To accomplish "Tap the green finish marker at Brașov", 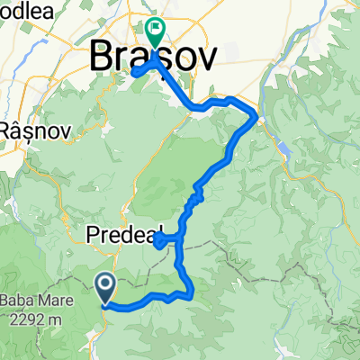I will coord(156,33).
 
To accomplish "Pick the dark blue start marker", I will coord(105,288).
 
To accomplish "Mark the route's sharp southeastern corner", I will coord(193,292).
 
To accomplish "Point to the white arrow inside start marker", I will coord(105,286).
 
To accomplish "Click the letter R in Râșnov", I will coord(4,127).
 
